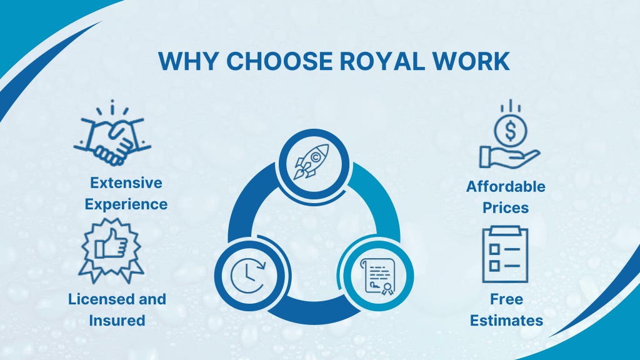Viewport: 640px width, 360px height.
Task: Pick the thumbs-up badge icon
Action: [111, 251]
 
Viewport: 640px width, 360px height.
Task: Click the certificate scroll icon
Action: [378, 276]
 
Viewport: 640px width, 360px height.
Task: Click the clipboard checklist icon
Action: [505, 254]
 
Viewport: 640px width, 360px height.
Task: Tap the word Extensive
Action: [126, 183]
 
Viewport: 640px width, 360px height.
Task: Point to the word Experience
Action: [126, 204]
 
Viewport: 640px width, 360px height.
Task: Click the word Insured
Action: [117, 321]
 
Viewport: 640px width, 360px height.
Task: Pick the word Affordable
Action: [506, 186]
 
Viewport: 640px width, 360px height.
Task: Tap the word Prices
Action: [506, 207]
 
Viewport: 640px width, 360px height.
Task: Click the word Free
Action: [506, 299]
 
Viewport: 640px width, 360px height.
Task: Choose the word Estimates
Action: [506, 321]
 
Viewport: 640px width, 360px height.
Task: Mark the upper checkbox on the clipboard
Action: [495, 249]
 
